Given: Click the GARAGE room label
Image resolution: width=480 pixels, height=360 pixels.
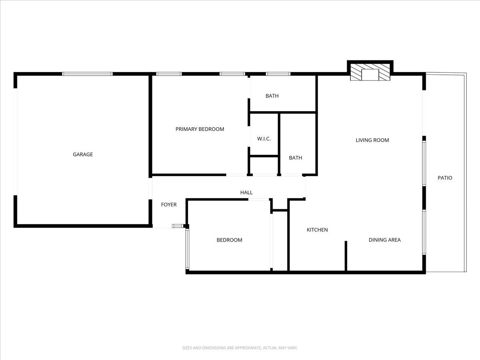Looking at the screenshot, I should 83,154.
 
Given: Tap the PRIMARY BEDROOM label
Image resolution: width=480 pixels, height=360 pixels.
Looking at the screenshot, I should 200,129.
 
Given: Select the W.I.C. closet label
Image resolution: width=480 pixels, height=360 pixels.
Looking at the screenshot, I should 264,139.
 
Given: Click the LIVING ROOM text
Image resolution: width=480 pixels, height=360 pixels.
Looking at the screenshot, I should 372,140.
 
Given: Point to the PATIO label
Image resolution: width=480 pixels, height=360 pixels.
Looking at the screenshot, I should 445,178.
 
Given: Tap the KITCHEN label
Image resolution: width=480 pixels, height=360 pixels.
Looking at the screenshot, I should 317,230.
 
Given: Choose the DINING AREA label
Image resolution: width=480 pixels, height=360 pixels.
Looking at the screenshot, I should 384,240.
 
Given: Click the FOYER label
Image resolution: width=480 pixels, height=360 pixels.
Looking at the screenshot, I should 169,205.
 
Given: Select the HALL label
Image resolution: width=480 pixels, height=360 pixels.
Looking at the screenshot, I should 246,193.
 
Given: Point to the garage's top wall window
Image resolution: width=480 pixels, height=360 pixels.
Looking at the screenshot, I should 87,74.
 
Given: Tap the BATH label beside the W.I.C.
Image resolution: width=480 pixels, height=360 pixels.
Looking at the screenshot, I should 296,158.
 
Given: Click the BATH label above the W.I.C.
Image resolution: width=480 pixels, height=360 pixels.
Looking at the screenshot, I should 272,96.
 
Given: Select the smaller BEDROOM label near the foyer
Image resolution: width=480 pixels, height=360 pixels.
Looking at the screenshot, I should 229,240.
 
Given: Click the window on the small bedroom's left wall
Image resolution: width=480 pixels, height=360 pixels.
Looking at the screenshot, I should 187,248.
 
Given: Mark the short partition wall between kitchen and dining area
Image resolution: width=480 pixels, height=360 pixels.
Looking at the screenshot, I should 346,256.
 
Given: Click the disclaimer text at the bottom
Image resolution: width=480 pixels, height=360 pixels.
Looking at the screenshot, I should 240,348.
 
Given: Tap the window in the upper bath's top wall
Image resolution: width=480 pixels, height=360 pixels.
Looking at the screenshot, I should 278,74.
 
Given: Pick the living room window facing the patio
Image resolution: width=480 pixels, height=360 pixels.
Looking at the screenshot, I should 424,162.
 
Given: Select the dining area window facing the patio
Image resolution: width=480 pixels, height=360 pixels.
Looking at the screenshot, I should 424,232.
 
